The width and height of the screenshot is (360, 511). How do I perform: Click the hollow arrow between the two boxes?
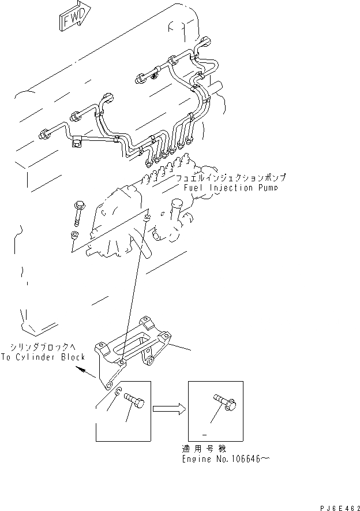(x=169, y=409)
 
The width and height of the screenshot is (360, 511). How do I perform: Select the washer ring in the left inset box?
(x=118, y=394)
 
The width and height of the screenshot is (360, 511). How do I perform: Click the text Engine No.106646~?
(x=226, y=460)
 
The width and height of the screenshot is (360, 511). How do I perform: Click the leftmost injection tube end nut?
(x=43, y=136)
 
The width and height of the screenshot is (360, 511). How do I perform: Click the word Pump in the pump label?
(x=267, y=188)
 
